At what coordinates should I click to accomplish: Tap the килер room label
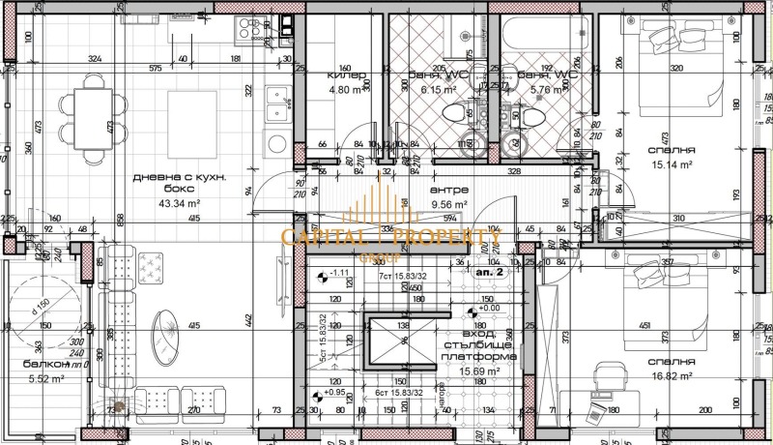point(346,75)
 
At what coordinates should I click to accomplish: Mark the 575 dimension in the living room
point(155,70)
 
